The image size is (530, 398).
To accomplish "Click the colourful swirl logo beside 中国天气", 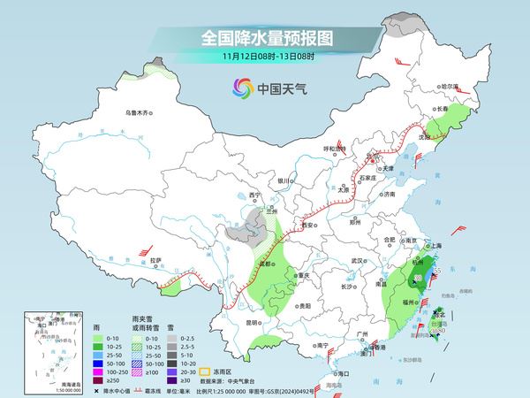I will (241, 88).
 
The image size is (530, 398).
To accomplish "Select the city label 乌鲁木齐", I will (139, 112).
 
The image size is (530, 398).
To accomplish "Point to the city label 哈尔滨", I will (450, 86).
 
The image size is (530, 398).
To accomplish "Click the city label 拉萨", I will (155, 260).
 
